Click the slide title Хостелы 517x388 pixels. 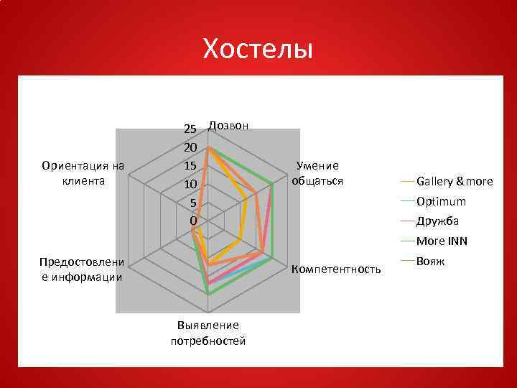point(258,50)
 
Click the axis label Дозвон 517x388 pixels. point(228,125)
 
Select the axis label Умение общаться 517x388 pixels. point(317,173)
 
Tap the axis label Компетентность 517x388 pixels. point(335,269)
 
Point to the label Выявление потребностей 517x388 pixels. point(208,333)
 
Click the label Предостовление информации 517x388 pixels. point(83,269)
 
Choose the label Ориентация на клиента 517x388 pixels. point(83,173)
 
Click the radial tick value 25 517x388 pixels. point(190,129)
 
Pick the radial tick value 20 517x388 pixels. point(190,147)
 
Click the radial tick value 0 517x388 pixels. point(192,220)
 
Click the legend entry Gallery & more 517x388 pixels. point(454,181)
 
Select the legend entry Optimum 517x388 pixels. point(441,201)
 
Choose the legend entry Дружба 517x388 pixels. point(437,221)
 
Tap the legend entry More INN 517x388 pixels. point(442,241)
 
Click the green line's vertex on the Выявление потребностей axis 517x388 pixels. point(208,293)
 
